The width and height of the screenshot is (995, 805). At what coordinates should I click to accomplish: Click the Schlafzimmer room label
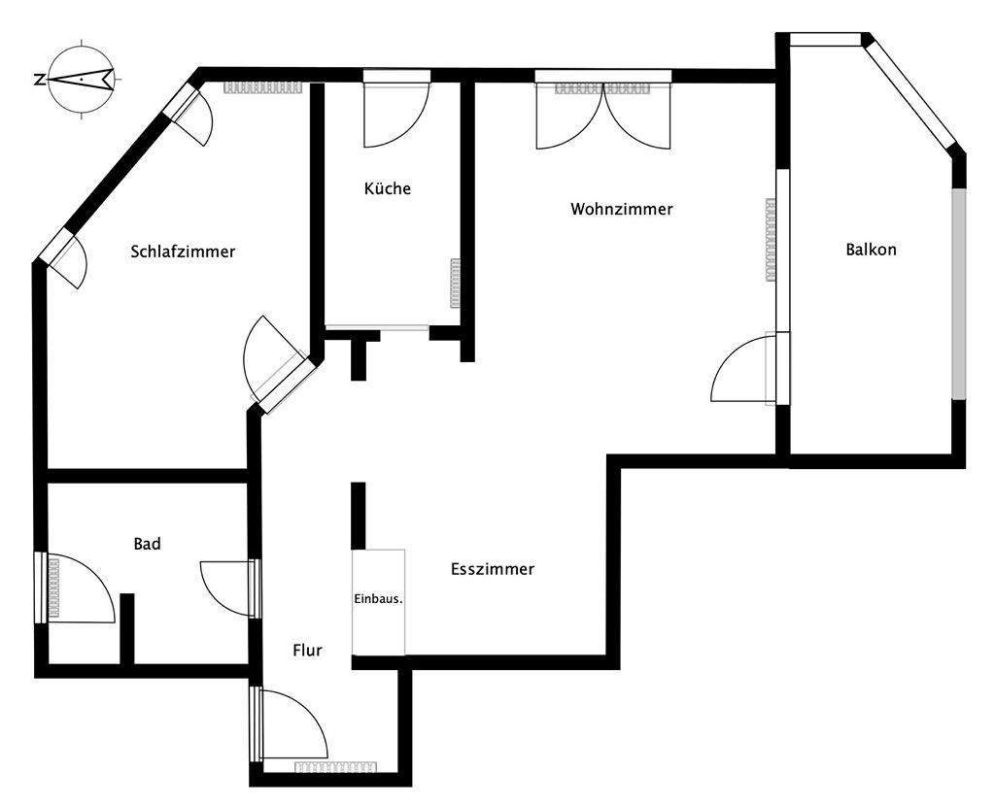click(x=183, y=252)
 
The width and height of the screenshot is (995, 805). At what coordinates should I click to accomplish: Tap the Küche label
click(x=388, y=188)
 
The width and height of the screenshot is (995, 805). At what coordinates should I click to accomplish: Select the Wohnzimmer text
click(x=622, y=209)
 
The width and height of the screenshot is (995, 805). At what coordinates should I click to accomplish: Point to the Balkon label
click(x=871, y=250)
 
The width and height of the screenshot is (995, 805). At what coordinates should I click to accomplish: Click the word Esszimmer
click(x=493, y=569)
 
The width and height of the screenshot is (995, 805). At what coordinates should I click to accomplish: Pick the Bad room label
click(x=147, y=544)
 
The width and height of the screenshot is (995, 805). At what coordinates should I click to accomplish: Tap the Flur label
click(x=307, y=651)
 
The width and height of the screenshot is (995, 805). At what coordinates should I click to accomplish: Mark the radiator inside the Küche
click(x=455, y=283)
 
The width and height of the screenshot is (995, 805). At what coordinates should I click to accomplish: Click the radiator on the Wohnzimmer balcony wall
click(x=771, y=240)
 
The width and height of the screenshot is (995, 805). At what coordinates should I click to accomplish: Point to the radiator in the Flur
click(x=335, y=767)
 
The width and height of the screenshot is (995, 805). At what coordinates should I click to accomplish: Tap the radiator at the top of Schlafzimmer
click(x=263, y=87)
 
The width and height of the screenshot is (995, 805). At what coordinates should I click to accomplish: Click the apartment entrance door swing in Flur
click(x=292, y=724)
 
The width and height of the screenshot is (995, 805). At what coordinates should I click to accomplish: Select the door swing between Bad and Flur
click(x=226, y=587)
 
